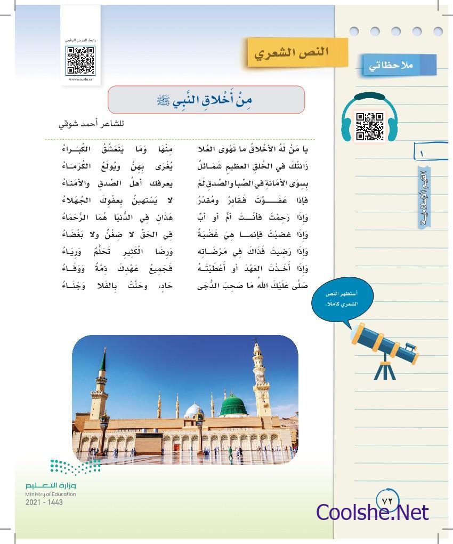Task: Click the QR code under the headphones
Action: (369, 126)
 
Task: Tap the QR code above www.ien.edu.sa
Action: (80, 60)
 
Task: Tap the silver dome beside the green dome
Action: (194, 411)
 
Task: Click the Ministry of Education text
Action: (51, 494)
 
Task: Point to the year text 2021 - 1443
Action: (44, 502)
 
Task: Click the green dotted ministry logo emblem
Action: (75, 467)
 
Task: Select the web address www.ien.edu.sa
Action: (80, 79)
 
